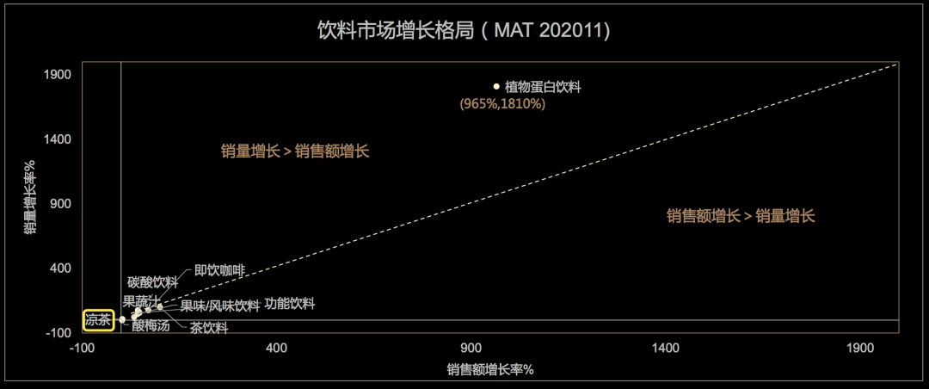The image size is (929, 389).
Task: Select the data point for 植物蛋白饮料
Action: click(x=496, y=86)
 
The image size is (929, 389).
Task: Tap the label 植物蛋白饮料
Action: click(x=544, y=87)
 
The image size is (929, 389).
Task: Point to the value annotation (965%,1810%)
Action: click(x=503, y=104)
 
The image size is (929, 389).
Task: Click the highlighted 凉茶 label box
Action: click(x=99, y=319)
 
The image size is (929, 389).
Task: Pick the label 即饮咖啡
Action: click(x=219, y=270)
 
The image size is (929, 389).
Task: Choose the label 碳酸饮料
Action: click(x=152, y=282)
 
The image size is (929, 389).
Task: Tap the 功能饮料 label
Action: click(x=290, y=304)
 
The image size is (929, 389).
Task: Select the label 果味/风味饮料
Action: click(x=219, y=306)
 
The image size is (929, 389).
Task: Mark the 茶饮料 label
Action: click(x=209, y=327)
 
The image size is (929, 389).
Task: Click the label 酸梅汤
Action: click(x=151, y=325)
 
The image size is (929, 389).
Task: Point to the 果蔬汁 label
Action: click(x=141, y=301)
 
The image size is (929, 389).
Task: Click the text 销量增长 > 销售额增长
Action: click(x=295, y=151)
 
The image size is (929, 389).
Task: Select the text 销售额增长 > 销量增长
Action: click(x=741, y=216)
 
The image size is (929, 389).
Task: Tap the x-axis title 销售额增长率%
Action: click(x=490, y=370)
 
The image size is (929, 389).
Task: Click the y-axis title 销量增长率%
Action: click(x=30, y=197)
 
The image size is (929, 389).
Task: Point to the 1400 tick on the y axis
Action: click(x=57, y=139)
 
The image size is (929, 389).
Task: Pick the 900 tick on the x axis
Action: click(x=471, y=348)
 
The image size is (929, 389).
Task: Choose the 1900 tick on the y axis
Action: click(x=57, y=75)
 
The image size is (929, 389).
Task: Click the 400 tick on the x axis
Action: click(x=276, y=348)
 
